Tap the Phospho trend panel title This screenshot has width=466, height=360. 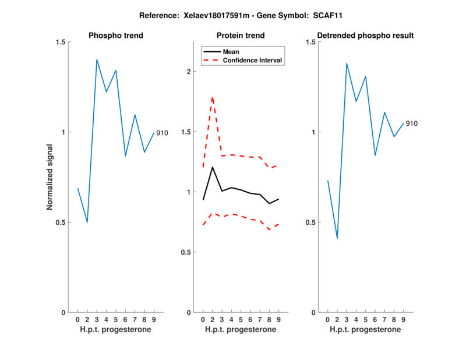116,36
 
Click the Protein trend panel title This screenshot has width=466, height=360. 241,36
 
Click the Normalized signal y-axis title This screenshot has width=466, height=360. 50,177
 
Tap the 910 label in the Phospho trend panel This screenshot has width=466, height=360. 162,133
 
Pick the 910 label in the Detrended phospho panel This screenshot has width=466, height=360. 411,123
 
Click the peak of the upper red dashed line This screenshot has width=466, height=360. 213,97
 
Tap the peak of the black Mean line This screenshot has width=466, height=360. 213,167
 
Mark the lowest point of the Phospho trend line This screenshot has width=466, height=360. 87,222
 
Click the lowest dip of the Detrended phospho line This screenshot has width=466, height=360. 337,238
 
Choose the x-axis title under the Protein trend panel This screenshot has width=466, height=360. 241,330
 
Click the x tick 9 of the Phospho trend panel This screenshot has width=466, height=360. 154,320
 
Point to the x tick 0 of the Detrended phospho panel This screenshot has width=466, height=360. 327,320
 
